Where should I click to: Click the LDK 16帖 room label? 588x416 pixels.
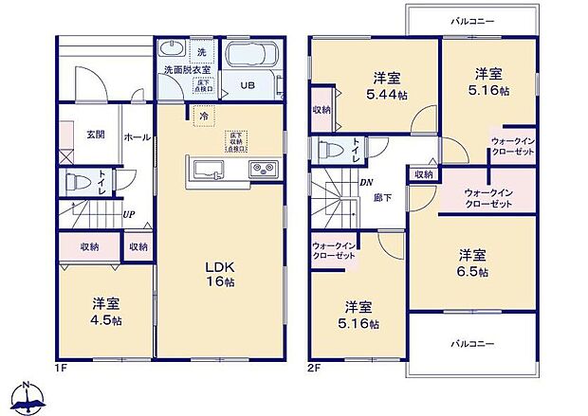click(x=221, y=276)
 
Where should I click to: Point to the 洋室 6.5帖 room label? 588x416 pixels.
click(x=473, y=262)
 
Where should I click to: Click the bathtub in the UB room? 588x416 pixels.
click(x=251, y=54)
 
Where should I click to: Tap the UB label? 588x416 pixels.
click(x=247, y=84)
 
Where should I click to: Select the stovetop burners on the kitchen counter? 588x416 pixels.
click(x=261, y=170)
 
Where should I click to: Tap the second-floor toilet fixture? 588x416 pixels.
click(x=329, y=150)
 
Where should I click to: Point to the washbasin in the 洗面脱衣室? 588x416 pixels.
click(x=174, y=50)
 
